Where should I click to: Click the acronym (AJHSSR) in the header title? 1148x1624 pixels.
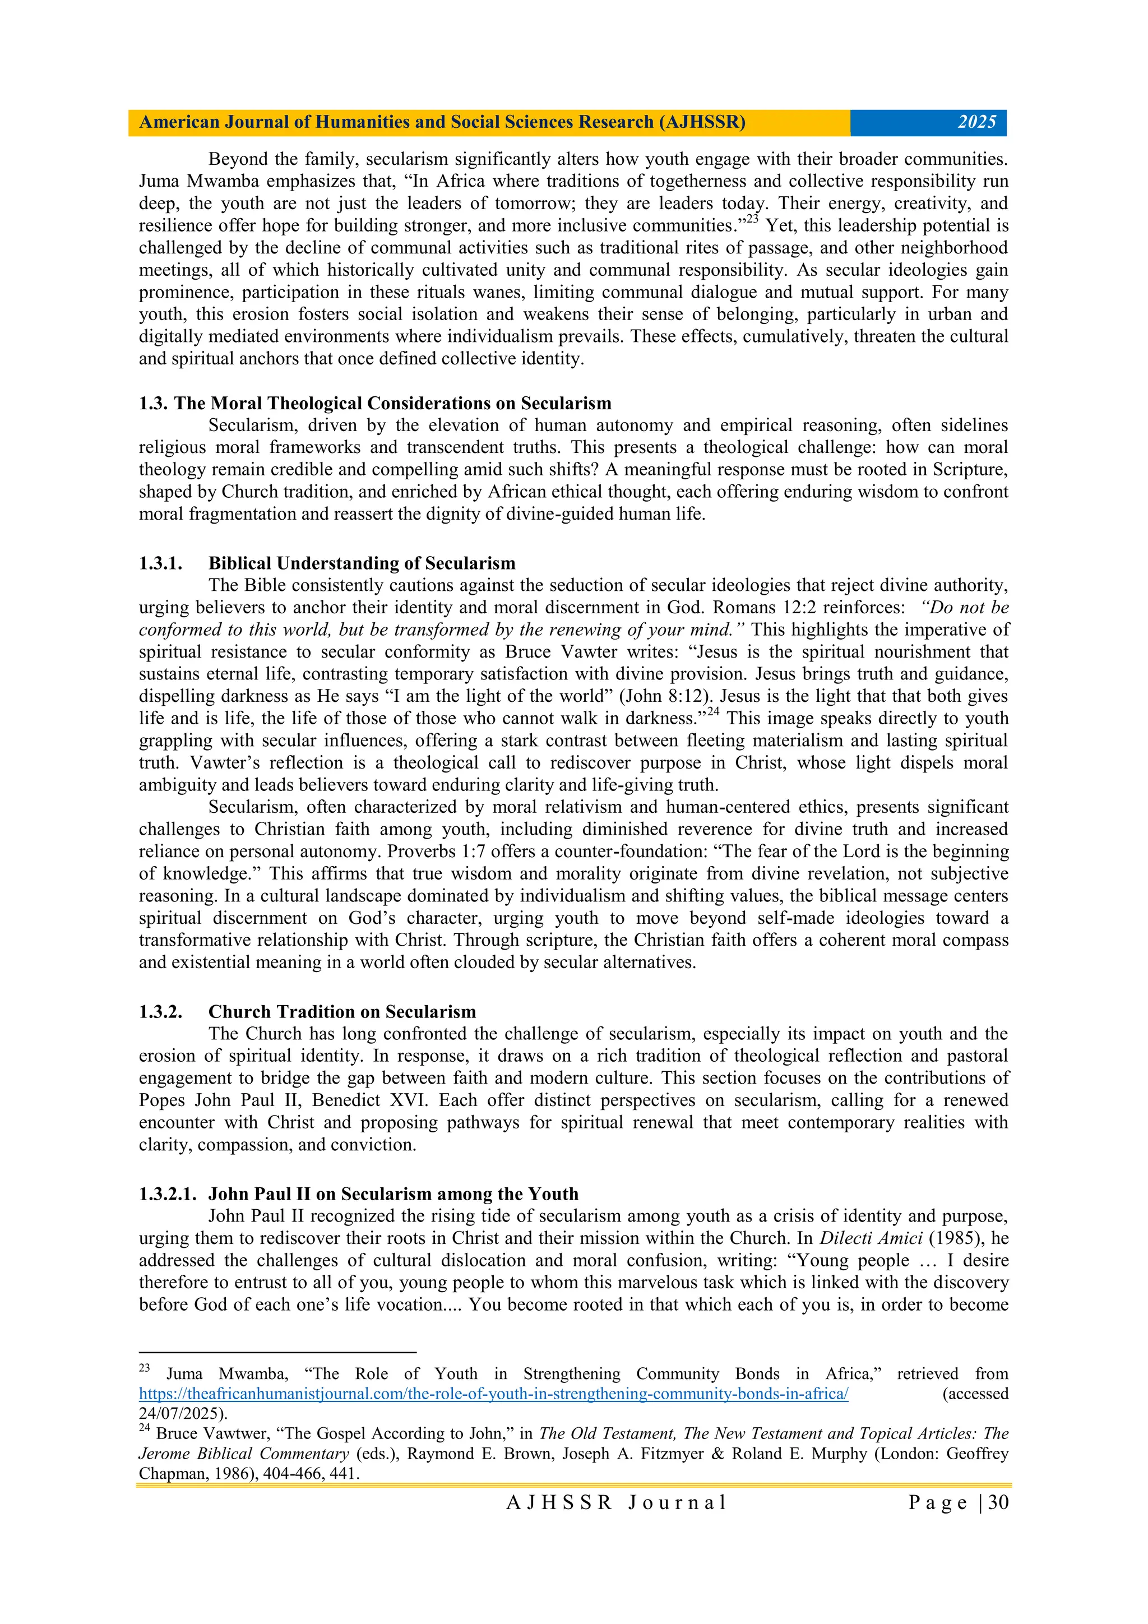click(702, 122)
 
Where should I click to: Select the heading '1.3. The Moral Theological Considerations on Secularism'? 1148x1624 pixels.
click(375, 403)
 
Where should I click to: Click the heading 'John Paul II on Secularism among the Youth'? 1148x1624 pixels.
click(394, 1194)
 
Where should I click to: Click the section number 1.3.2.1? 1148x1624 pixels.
click(167, 1194)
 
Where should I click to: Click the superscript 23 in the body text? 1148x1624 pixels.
click(752, 220)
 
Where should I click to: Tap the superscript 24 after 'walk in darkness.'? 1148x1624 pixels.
click(714, 712)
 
